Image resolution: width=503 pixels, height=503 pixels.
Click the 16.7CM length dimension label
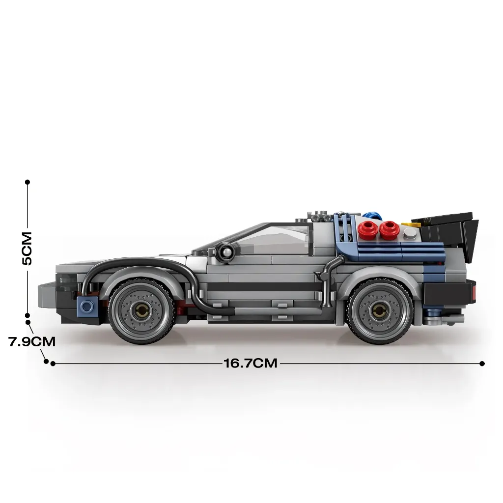point(250,363)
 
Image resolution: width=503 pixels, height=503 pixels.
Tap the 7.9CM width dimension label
point(32,341)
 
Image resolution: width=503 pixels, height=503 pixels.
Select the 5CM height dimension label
point(28,248)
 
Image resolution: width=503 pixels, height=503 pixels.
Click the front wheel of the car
point(142,311)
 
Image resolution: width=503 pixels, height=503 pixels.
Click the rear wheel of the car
point(381,311)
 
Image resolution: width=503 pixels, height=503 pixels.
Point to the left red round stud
point(367,230)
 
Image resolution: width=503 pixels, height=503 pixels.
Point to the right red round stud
point(389,230)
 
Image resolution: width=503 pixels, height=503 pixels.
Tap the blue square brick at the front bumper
point(86,306)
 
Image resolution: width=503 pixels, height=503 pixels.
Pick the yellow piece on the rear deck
point(411,225)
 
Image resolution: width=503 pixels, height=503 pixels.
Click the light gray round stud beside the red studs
point(410,233)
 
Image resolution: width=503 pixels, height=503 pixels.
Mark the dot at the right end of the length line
point(482,363)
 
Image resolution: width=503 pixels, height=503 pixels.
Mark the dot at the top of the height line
point(28,182)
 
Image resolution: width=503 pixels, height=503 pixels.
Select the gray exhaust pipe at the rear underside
point(444,319)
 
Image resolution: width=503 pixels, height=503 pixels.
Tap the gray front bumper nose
point(47,295)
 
